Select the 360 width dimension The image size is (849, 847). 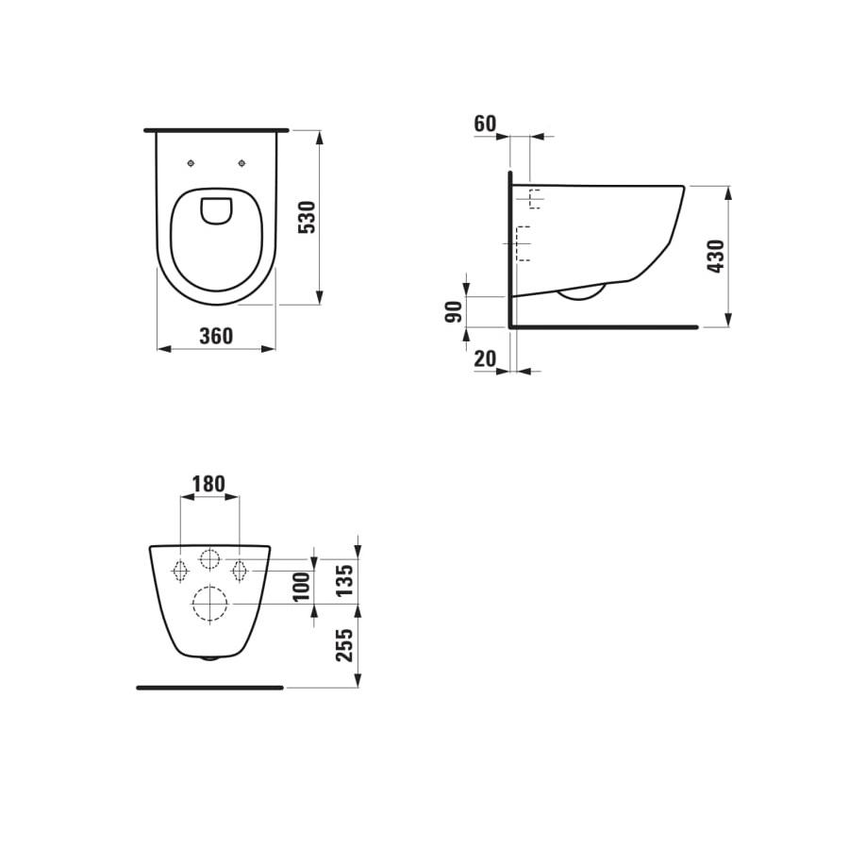[215, 336]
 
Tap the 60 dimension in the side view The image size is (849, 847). [485, 124]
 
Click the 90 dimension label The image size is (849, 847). [454, 311]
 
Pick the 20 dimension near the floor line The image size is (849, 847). [485, 357]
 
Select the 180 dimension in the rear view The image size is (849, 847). [208, 484]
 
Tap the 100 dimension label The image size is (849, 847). [302, 589]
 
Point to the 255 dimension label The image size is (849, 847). [345, 645]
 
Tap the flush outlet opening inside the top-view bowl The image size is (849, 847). [216, 210]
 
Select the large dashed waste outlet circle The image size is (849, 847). [209, 604]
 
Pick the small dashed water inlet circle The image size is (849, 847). [209, 557]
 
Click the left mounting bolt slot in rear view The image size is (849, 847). [178, 570]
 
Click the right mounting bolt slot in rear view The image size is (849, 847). [240, 570]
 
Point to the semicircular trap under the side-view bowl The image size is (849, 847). [580, 292]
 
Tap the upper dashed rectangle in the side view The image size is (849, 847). [534, 199]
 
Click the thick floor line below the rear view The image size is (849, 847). [209, 688]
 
